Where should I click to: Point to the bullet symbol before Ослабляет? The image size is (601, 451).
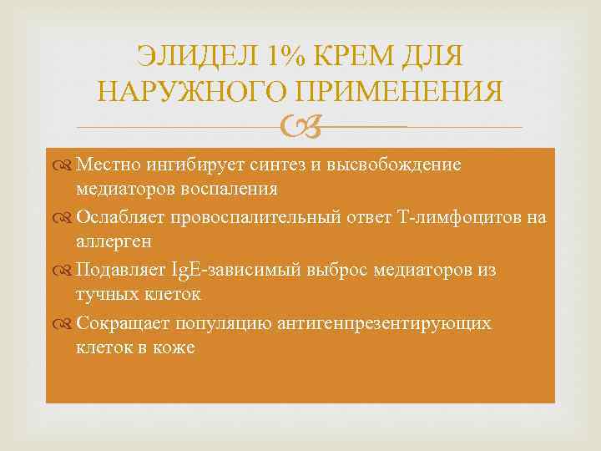(64, 218)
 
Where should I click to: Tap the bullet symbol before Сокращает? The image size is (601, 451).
(64, 324)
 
